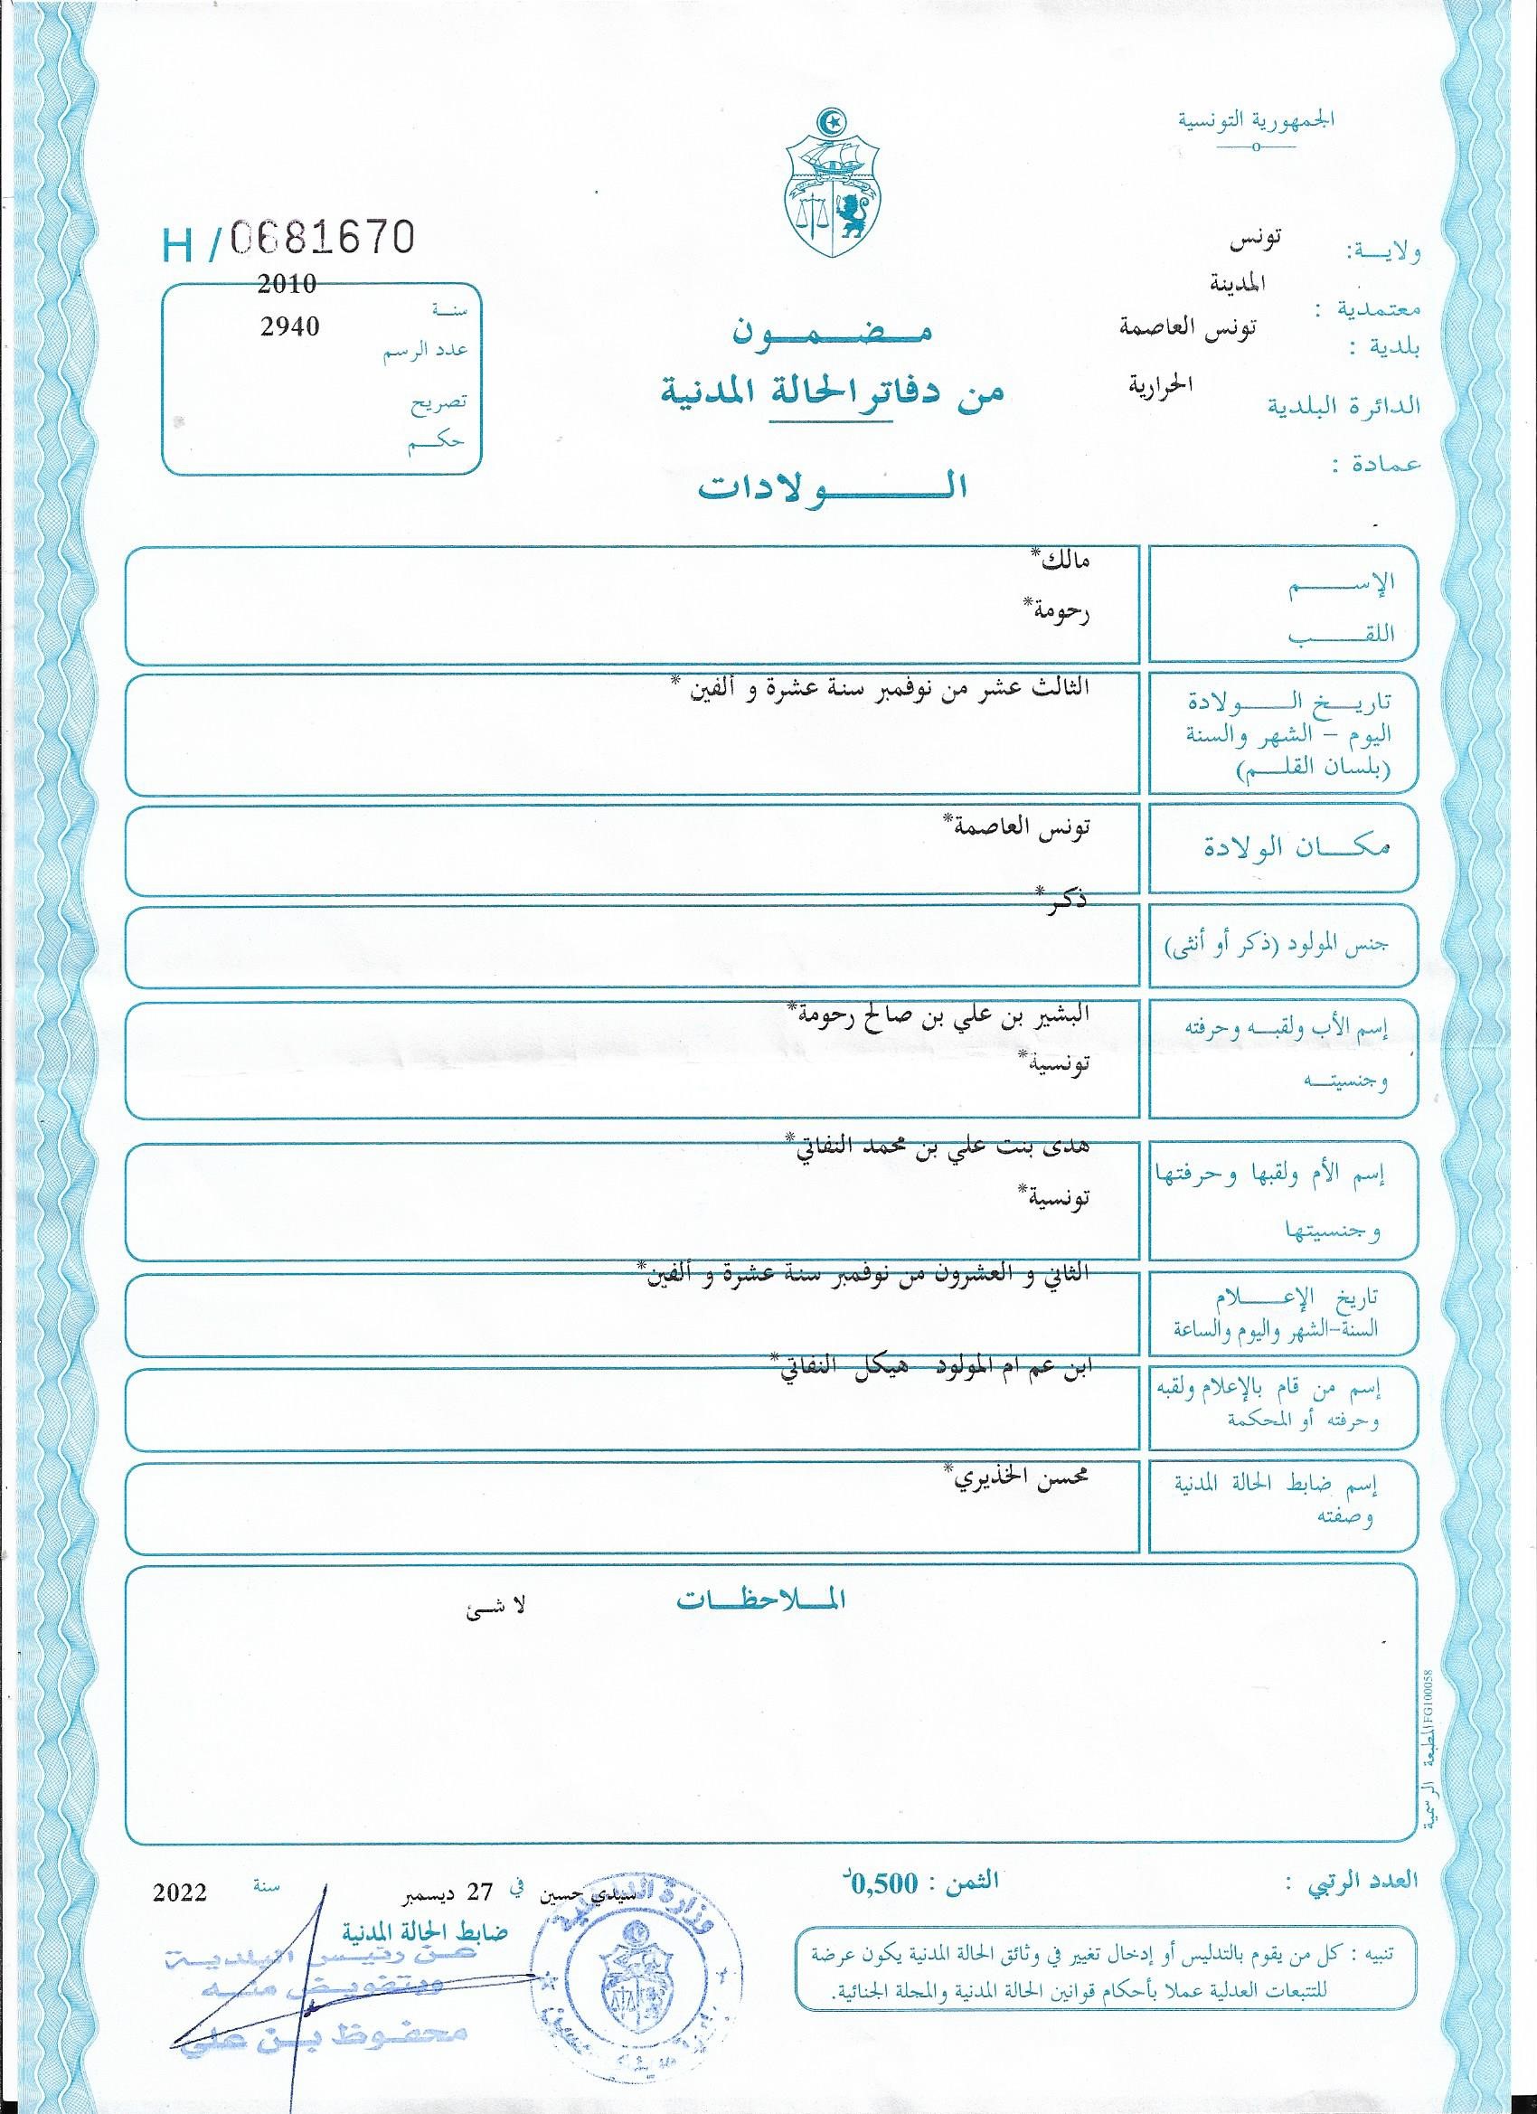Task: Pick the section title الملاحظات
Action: click(x=760, y=1600)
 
